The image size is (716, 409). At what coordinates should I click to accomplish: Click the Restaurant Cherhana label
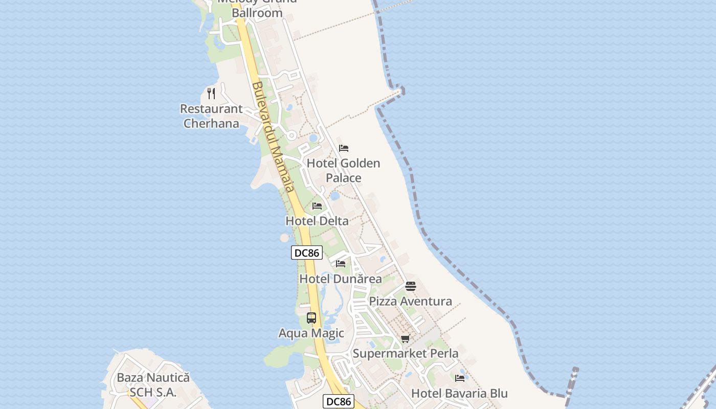(x=211, y=116)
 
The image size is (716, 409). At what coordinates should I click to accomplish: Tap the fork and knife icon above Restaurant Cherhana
(x=211, y=94)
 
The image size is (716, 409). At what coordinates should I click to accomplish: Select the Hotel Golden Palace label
(x=343, y=170)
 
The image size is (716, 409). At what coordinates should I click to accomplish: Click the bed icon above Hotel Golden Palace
(x=344, y=148)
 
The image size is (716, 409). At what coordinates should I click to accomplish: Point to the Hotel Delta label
(x=317, y=221)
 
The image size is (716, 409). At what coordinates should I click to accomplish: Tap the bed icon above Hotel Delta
(x=317, y=206)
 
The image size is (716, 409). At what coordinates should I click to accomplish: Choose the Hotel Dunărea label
(x=340, y=279)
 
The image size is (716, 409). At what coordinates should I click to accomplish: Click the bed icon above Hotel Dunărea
(x=341, y=264)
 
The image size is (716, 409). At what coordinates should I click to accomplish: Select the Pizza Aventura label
(x=410, y=301)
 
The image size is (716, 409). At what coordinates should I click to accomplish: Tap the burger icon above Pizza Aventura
(x=411, y=286)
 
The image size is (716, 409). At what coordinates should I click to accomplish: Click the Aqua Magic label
(x=311, y=333)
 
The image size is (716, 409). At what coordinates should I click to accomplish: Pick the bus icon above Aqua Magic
(x=311, y=318)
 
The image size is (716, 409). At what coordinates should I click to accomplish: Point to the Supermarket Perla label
(x=406, y=353)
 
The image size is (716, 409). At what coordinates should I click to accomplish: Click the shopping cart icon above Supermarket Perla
(x=406, y=338)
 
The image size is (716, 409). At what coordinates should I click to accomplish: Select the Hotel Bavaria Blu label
(x=459, y=393)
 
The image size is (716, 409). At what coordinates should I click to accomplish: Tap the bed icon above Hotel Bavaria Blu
(x=460, y=378)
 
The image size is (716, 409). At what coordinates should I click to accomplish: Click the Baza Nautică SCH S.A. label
(x=153, y=385)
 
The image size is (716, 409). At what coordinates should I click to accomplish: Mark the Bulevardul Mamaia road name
(x=273, y=137)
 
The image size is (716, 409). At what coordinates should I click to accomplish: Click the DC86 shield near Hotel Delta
(x=307, y=253)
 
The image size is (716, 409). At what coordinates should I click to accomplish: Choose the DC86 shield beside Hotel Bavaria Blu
(x=339, y=401)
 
